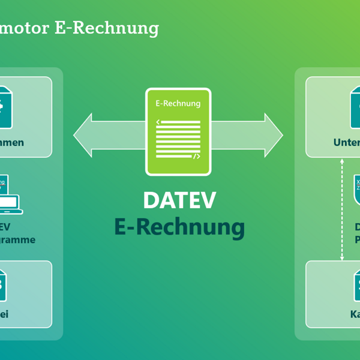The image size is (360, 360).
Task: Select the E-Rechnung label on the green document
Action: [178, 103]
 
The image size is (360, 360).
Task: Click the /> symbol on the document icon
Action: [196, 156]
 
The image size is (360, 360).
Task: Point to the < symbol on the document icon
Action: [158, 122]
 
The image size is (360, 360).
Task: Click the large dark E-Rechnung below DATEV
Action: [179, 227]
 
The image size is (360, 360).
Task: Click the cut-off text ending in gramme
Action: [18, 240]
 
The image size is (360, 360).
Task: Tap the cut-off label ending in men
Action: [13, 143]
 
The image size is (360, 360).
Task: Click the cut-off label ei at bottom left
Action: [5, 314]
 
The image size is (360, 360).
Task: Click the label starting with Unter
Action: [347, 143]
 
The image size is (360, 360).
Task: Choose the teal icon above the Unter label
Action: [355, 108]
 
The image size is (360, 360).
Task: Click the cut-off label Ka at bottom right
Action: [355, 314]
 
